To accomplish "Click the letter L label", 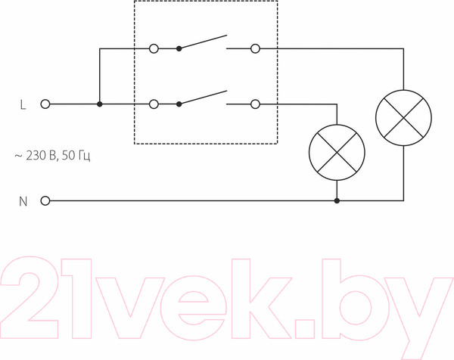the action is click(23, 104).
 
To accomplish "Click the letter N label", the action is click(23, 201).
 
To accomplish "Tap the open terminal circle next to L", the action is click(45, 104).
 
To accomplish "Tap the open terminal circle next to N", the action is click(45, 200).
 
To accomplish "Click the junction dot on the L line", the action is click(100, 104).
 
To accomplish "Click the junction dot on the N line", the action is click(337, 200).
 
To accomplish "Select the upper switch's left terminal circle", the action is click(154, 48).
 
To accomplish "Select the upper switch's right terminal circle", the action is click(255, 48).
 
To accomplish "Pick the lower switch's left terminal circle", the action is click(154, 104).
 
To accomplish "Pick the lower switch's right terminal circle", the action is click(255, 104).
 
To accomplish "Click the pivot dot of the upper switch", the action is click(179, 48).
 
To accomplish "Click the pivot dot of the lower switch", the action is click(179, 104).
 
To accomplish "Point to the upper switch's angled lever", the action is click(203, 42).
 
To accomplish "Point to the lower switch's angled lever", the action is click(203, 98).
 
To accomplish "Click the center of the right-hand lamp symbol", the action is click(403, 118).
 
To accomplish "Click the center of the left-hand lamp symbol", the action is click(337, 153).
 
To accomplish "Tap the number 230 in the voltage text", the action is click(36, 156).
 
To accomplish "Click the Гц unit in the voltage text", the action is click(84, 157).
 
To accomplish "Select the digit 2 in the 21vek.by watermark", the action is click(29, 297).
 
